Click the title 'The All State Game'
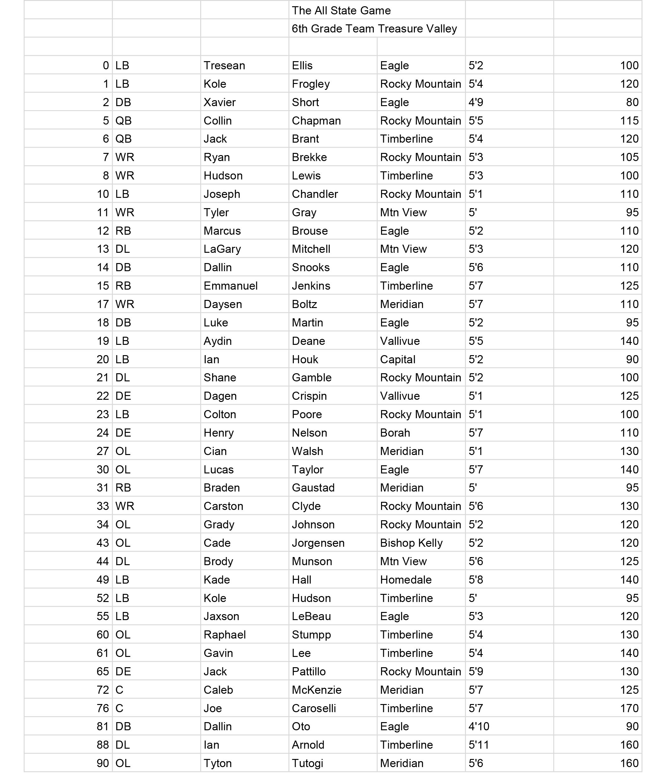point(341,10)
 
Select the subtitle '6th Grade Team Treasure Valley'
point(374,29)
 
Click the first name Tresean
point(224,65)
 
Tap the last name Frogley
point(311,84)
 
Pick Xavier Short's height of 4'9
point(476,102)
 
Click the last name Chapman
point(316,120)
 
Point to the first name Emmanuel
point(230,286)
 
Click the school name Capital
point(398,359)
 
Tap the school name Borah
point(395,433)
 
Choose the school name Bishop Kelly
point(411,543)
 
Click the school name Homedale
point(406,580)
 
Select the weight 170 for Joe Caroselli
point(629,708)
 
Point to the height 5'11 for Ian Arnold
point(479,745)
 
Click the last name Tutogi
point(307,763)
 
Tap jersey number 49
point(103,580)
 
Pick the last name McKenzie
point(317,690)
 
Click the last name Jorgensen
point(318,543)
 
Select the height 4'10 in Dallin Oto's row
point(479,727)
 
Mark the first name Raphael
point(225,634)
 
